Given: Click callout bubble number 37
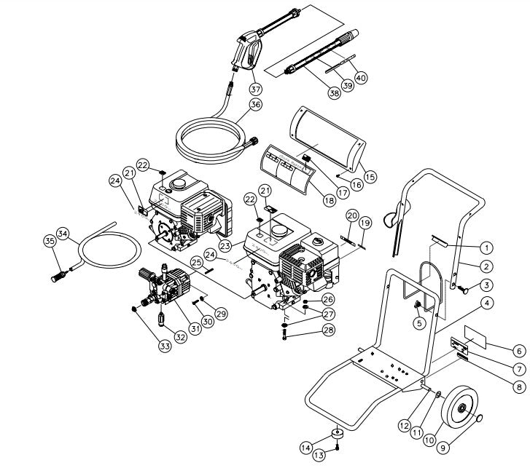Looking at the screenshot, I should click(255, 88).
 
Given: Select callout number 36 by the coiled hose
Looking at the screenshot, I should click(254, 105).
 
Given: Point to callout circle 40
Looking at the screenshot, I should click(361, 76).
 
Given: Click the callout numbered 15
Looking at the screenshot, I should click(370, 175).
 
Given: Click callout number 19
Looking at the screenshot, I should click(365, 222).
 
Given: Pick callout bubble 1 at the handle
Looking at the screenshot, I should click(485, 247).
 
